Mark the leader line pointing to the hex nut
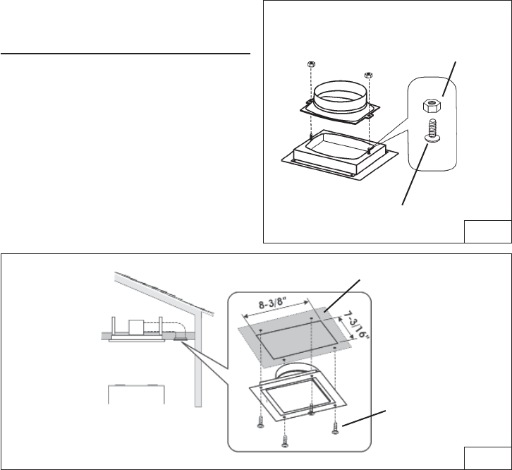click(x=450, y=78)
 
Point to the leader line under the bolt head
click(x=414, y=176)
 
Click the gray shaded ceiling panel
click(x=296, y=346)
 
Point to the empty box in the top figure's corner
click(x=487, y=231)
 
